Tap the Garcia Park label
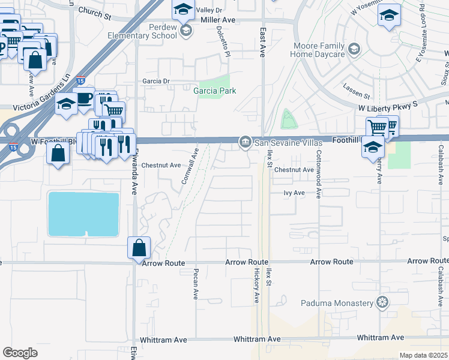(x=214, y=91)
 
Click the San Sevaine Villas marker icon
(x=245, y=142)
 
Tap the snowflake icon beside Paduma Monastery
(x=382, y=302)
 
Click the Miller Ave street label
(x=218, y=20)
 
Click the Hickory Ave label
(x=256, y=285)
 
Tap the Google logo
(x=20, y=353)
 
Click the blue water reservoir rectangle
(x=83, y=214)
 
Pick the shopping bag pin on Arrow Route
(x=139, y=247)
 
